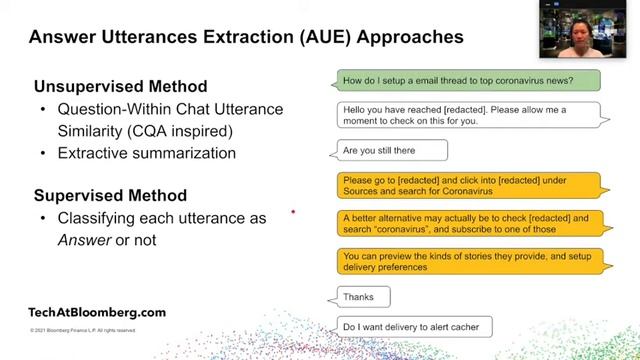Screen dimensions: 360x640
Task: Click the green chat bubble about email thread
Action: pos(465,80)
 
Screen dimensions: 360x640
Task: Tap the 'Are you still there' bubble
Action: pos(388,150)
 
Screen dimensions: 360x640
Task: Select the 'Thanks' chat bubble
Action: pos(360,297)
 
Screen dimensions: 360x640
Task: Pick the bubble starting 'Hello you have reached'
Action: pos(465,115)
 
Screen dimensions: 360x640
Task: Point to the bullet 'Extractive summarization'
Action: pos(146,153)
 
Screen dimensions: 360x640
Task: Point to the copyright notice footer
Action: pos(82,330)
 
